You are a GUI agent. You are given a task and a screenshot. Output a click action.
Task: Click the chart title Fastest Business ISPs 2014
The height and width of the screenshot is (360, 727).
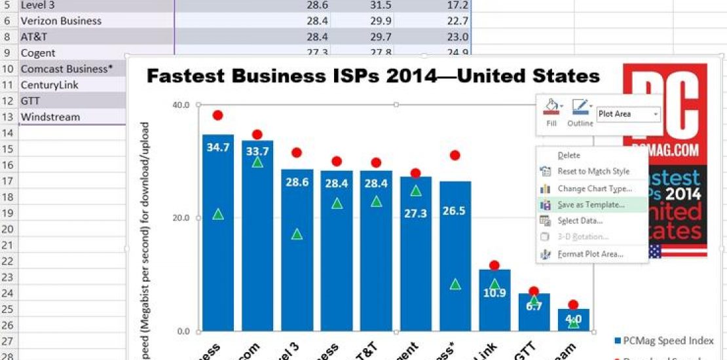pyautogui.click(x=373, y=77)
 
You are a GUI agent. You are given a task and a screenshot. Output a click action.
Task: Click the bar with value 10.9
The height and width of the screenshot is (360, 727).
pyautogui.click(x=494, y=308)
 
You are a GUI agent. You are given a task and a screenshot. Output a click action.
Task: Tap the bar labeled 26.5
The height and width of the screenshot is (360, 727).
pyautogui.click(x=455, y=249)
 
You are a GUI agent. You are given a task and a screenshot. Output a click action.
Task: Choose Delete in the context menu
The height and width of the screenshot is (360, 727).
pyautogui.click(x=569, y=155)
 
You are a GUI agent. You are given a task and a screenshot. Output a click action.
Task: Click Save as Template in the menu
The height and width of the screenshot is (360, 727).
pyautogui.click(x=591, y=204)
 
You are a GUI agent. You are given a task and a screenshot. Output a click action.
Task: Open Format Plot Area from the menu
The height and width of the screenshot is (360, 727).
pyautogui.click(x=590, y=254)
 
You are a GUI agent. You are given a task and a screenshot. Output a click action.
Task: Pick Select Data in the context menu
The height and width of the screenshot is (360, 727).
pyautogui.click(x=580, y=221)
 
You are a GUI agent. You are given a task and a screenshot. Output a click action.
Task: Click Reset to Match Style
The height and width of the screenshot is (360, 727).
pyautogui.click(x=593, y=171)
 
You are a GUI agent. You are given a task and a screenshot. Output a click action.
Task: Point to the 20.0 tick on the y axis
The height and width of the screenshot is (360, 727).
pyautogui.click(x=181, y=218)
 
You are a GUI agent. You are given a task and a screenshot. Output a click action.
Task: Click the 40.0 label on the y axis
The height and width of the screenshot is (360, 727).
pyautogui.click(x=181, y=105)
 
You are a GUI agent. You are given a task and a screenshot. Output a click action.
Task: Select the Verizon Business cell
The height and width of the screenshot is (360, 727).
pyautogui.click(x=61, y=21)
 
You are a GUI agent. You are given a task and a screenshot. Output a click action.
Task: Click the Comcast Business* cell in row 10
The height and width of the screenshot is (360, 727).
pyautogui.click(x=63, y=69)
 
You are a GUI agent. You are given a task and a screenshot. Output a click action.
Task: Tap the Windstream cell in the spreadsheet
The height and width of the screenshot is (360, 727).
pyautogui.click(x=50, y=117)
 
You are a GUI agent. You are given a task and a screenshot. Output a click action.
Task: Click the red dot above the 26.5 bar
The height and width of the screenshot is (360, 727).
pyautogui.click(x=455, y=155)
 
